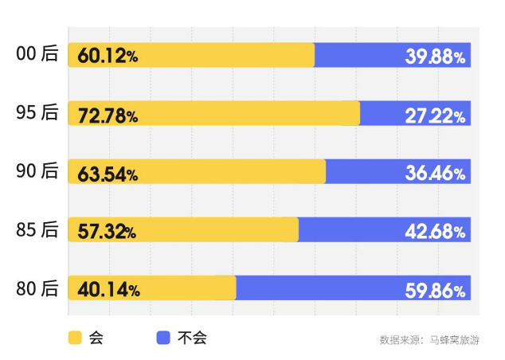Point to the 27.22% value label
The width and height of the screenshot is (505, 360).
pyautogui.click(x=435, y=116)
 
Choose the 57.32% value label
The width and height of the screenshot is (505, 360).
pyautogui.click(x=107, y=232)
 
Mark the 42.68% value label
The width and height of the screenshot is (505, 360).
pyautogui.click(x=435, y=232)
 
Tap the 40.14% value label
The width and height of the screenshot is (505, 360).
pyautogui.click(x=109, y=290)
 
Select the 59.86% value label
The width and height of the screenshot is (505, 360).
pyautogui.click(x=435, y=290)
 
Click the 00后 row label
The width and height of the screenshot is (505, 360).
pyautogui.click(x=37, y=54)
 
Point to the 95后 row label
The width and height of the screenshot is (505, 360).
pyautogui.click(x=37, y=113)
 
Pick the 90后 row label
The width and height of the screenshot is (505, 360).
pyautogui.click(x=37, y=171)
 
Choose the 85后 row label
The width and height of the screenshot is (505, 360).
pyautogui.click(x=37, y=229)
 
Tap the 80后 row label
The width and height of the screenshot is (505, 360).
pyautogui.click(x=37, y=288)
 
